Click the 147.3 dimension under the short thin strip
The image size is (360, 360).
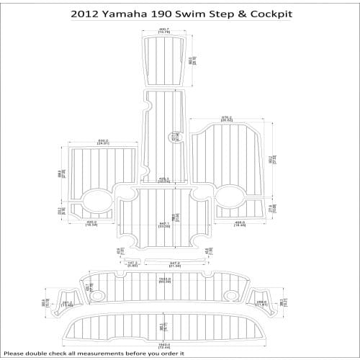(x=131, y=264)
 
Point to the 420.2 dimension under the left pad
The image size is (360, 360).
(x=91, y=224)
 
